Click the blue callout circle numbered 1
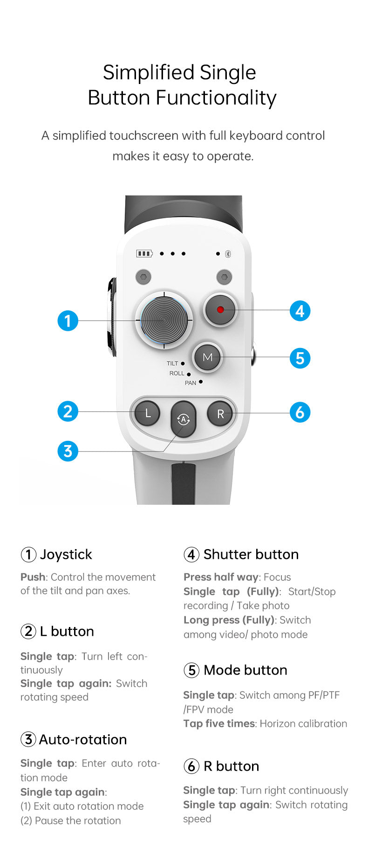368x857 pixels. click(x=68, y=321)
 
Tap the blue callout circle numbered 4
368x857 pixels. click(x=300, y=311)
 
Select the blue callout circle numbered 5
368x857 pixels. click(x=300, y=358)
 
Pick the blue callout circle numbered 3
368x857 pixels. click(x=68, y=451)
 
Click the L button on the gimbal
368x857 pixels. click(x=147, y=413)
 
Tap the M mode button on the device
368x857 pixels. click(x=207, y=357)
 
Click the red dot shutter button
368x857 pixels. click(x=220, y=310)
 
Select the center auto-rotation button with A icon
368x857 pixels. click(x=184, y=419)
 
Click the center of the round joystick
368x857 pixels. click(x=164, y=320)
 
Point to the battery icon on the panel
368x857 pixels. click(x=144, y=253)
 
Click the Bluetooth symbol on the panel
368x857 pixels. click(x=228, y=254)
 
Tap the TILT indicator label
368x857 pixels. click(x=172, y=363)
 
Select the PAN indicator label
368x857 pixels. click(x=191, y=383)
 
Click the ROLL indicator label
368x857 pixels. click(x=177, y=373)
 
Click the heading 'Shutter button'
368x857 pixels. click(x=251, y=554)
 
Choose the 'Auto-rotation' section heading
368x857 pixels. click(x=83, y=739)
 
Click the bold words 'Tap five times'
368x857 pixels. click(x=219, y=724)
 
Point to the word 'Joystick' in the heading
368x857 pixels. click(x=66, y=554)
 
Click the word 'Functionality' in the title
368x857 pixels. click(x=216, y=98)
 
